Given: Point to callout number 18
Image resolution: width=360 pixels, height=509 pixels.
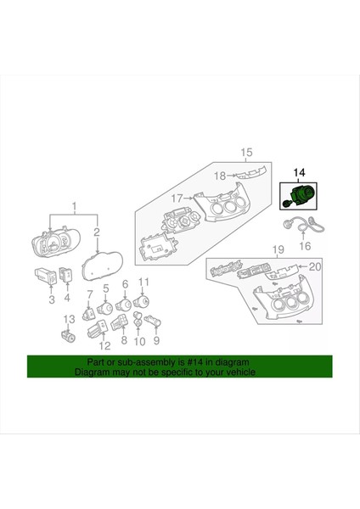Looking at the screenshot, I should (x=219, y=176).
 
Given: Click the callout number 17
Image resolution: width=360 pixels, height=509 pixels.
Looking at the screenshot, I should (x=177, y=200).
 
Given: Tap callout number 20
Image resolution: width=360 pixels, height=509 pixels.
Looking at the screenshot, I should (x=316, y=266).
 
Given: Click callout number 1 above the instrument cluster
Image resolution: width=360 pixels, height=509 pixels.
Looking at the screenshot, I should (x=73, y=206).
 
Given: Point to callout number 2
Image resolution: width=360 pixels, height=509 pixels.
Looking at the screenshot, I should (x=97, y=232).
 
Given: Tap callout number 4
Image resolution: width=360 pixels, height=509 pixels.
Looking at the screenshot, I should (x=67, y=299).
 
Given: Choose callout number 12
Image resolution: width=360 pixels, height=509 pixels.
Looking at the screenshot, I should (x=104, y=347).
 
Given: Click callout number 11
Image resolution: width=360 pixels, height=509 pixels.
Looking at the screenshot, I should (x=144, y=282).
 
